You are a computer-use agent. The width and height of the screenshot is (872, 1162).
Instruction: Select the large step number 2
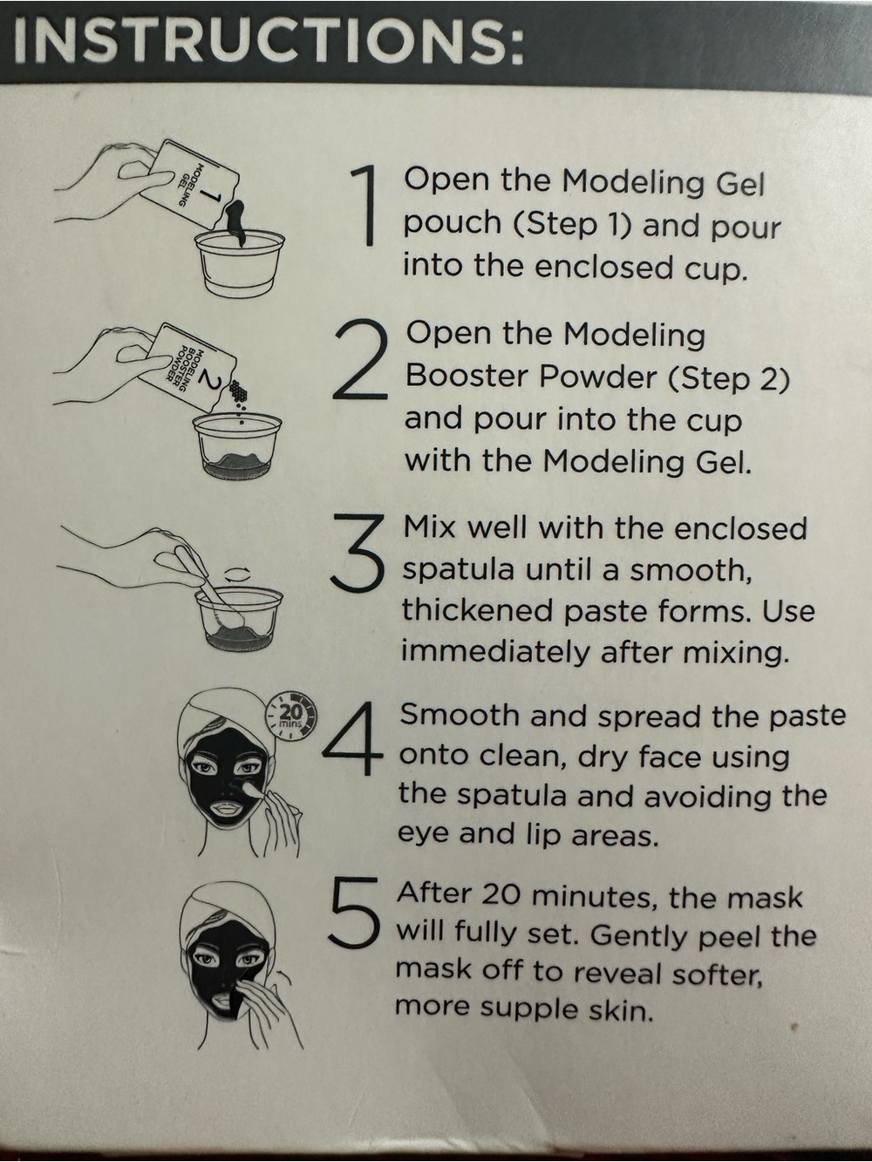coord(361,362)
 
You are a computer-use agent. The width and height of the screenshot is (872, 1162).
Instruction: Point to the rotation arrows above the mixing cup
coord(236,575)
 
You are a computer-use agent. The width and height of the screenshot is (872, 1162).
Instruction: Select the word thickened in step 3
coord(476,611)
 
